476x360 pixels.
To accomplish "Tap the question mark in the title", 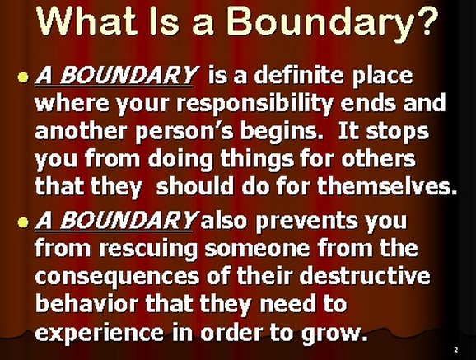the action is (426, 20).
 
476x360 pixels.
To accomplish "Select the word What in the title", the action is (86, 20).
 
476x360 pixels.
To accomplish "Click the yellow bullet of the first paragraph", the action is (23, 77).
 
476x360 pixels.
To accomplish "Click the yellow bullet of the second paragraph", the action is (23, 222).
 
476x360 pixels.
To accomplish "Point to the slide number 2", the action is (455, 349).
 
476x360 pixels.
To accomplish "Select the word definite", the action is (299, 75).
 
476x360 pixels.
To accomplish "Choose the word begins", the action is (282, 132).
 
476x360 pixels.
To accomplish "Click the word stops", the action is (398, 132).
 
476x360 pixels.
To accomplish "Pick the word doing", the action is (180, 160).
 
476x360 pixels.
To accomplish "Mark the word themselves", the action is (388, 185).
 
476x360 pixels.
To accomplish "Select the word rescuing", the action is (148, 249).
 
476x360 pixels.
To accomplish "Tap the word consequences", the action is (117, 278).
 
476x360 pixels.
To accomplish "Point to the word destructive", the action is (365, 276).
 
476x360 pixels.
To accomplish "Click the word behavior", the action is (86, 304).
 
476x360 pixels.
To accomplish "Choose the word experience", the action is (100, 334).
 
